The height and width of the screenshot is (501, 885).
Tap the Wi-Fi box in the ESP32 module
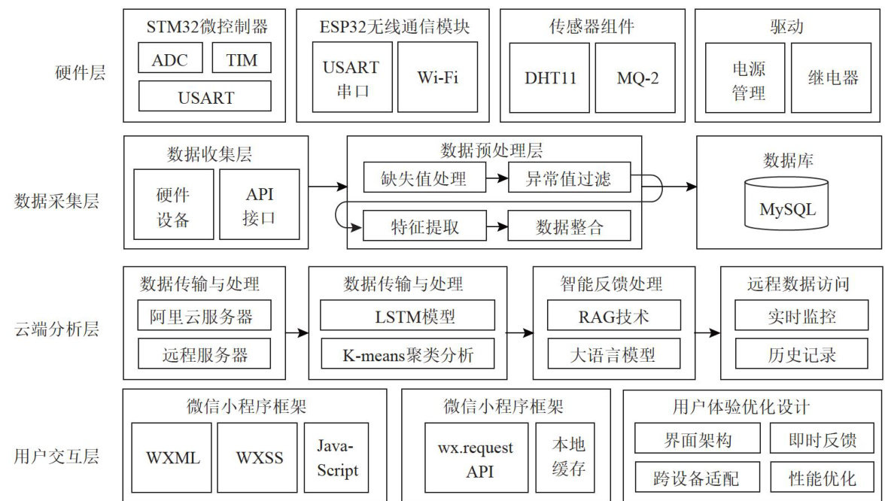tap(438, 77)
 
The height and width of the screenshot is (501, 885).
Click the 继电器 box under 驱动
tap(833, 77)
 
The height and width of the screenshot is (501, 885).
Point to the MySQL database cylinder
tap(787, 203)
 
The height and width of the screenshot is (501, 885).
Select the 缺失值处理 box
tap(424, 179)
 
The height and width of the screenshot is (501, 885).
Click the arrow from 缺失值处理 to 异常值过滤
tap(497, 179)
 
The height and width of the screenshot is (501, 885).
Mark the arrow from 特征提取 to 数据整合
tap(497, 226)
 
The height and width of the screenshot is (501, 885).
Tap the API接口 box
tap(260, 205)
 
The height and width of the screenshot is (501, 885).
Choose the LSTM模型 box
tap(407, 316)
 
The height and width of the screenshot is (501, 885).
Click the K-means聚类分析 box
tap(407, 354)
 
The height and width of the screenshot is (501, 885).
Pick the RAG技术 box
tap(613, 316)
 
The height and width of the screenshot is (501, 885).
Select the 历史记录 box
tap(801, 354)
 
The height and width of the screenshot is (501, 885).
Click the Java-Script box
tap(337, 458)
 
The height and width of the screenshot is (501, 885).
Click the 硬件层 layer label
tap(81, 73)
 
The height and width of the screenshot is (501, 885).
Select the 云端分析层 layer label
tap(56, 329)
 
